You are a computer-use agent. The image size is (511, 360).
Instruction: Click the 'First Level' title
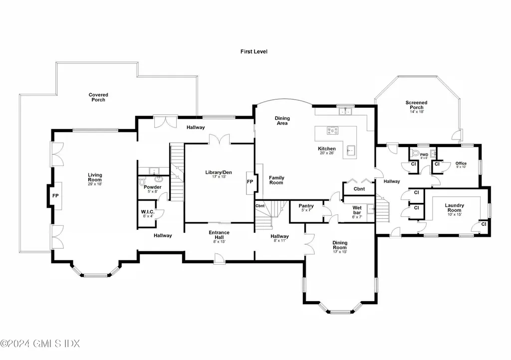(254, 51)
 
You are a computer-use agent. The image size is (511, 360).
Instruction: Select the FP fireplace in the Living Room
(55, 196)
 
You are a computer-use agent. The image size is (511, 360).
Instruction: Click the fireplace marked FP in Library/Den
(250, 181)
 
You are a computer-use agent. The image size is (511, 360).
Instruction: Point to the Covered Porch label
(98, 97)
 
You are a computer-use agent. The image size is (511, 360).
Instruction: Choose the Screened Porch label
(416, 105)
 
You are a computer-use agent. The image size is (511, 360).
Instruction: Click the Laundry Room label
(454, 208)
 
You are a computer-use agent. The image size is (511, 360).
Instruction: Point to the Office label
(461, 163)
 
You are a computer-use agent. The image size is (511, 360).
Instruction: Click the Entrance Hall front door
(218, 257)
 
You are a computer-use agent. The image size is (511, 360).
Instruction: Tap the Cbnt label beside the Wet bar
(359, 189)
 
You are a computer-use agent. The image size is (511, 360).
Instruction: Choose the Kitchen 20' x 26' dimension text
(327, 154)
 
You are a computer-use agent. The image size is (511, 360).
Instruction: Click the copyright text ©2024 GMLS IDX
(40, 344)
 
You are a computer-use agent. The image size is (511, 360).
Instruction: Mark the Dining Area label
(282, 121)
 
